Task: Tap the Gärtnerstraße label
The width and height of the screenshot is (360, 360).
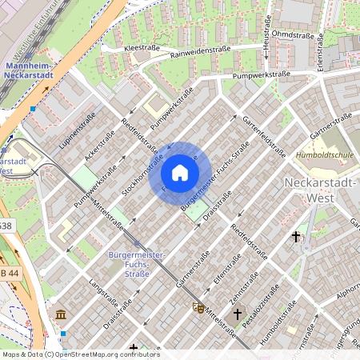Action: [331, 127]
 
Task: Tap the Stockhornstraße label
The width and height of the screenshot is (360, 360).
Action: [142, 170]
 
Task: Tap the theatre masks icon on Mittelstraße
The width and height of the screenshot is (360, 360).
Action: [198, 306]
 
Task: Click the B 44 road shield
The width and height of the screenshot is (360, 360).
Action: [10, 274]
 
